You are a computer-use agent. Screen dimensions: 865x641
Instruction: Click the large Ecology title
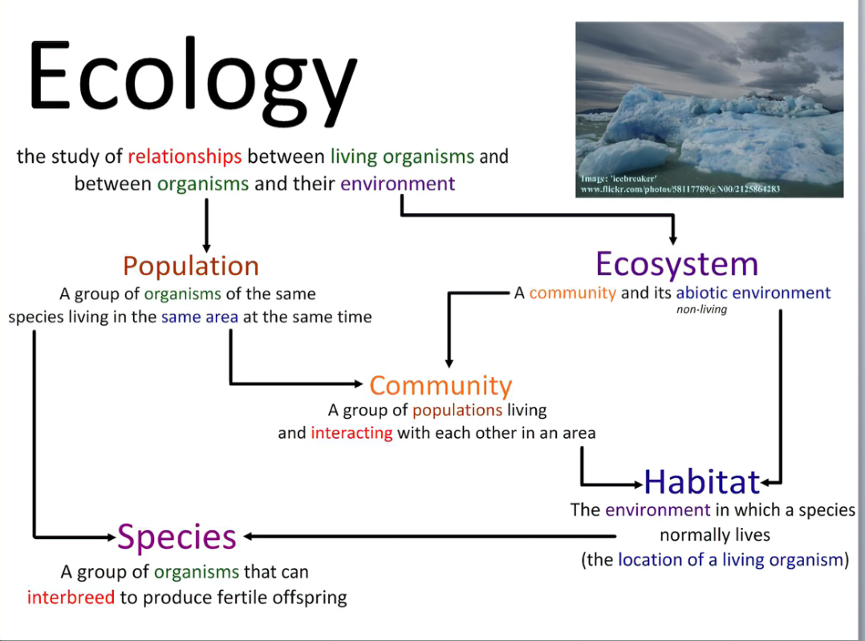click(193, 81)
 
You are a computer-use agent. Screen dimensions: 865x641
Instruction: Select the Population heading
click(191, 266)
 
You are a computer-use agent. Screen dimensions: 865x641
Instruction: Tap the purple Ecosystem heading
click(677, 265)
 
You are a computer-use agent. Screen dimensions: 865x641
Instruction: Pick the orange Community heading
click(441, 386)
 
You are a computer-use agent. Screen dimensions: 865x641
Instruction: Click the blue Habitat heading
click(701, 481)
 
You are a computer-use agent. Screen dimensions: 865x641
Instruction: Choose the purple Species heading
click(177, 538)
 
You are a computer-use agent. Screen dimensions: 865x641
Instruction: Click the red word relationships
click(185, 156)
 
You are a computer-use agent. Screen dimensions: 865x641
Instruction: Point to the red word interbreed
click(71, 597)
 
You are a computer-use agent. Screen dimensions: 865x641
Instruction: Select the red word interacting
click(351, 432)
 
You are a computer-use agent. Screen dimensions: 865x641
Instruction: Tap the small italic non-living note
click(701, 310)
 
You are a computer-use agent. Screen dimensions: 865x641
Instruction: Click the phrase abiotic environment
click(753, 292)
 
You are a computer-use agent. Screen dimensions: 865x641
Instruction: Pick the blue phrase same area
click(199, 317)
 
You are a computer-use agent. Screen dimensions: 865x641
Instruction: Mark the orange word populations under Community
click(457, 411)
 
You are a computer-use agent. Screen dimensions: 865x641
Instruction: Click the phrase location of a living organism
click(730, 560)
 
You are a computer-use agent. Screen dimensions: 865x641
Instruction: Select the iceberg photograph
click(709, 109)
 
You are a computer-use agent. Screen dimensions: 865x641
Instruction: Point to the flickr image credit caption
click(680, 184)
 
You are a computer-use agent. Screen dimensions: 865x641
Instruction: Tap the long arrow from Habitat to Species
click(430, 536)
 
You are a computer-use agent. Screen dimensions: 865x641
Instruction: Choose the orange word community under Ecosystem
click(572, 292)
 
